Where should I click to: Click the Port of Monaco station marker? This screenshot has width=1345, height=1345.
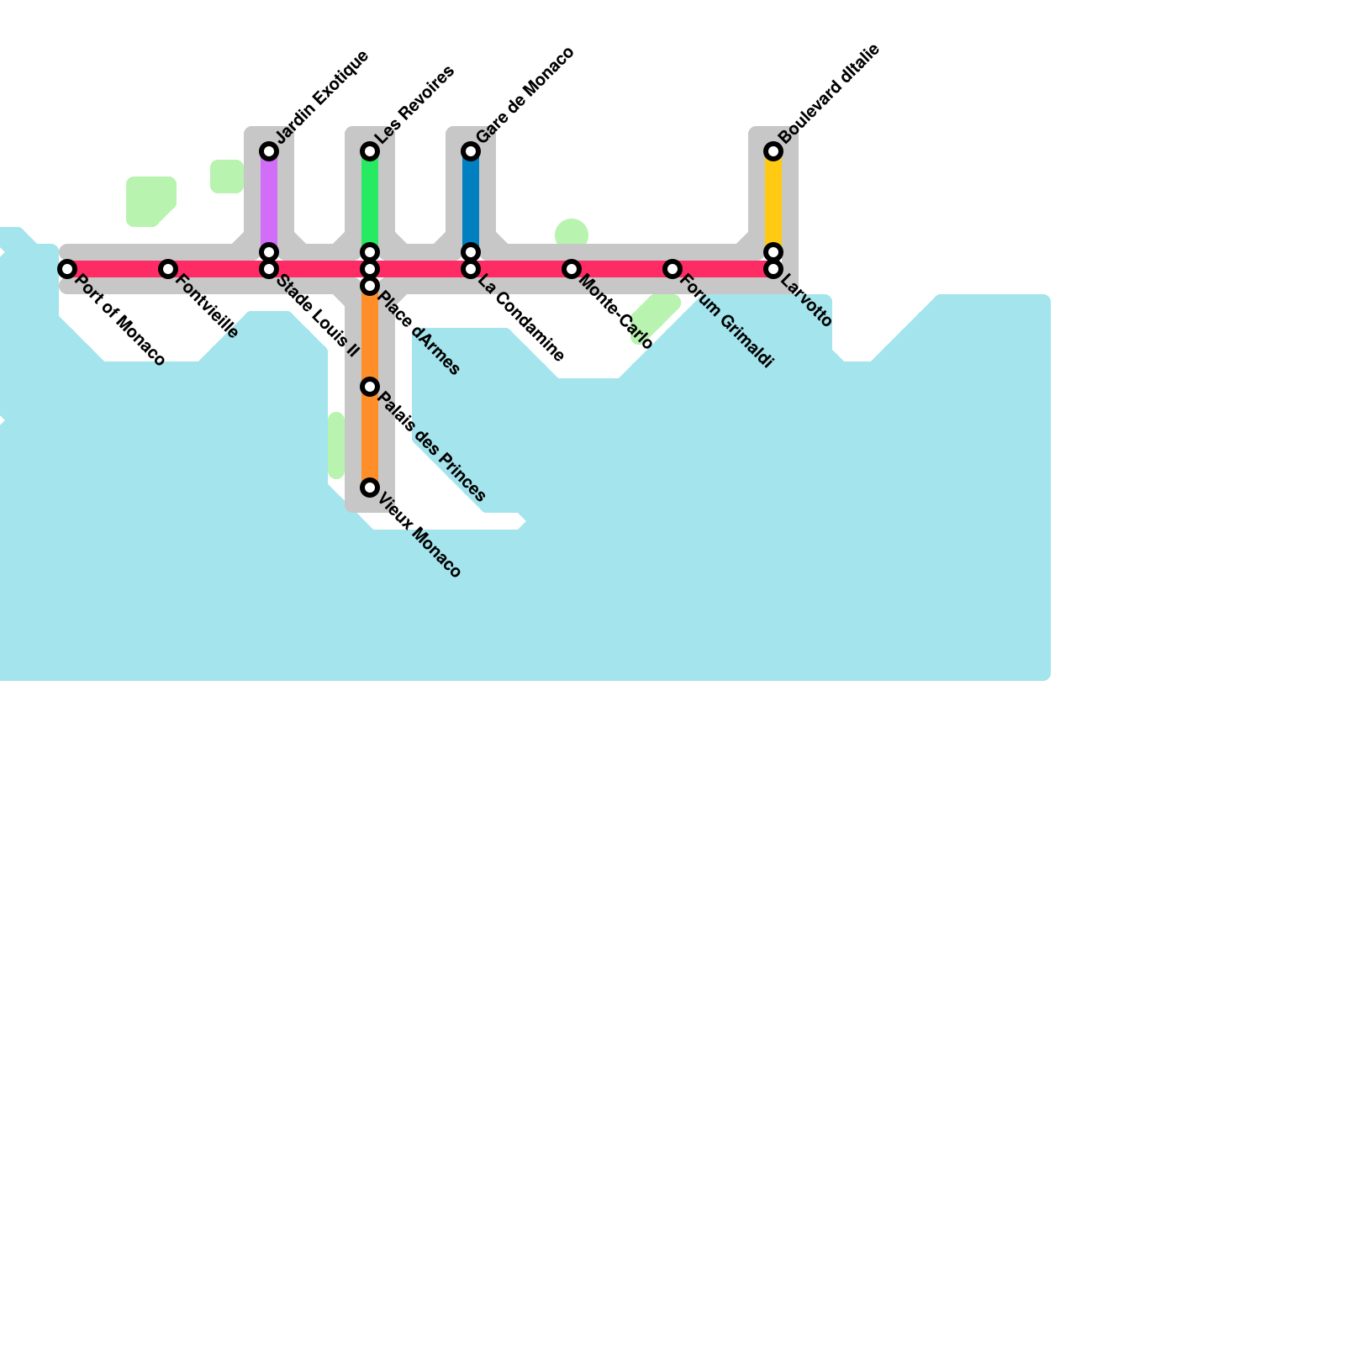pos(67,269)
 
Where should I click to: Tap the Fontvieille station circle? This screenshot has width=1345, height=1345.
pos(168,269)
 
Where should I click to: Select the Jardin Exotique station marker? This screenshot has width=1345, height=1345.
pos(269,151)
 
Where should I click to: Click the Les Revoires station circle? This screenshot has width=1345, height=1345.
pos(370,151)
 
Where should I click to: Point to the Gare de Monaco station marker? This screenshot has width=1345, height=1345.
pos(471,151)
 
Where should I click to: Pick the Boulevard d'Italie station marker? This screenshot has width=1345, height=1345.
pos(773,151)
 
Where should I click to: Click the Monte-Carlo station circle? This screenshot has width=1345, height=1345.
pos(572,269)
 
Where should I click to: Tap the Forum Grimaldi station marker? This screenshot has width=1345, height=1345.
pos(672,269)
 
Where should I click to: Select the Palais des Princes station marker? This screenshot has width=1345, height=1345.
pos(370,387)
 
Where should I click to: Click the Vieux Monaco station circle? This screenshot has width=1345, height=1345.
pos(370,488)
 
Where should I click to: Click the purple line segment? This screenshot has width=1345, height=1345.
pos(269,202)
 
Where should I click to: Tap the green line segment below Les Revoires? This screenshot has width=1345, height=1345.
pos(370,202)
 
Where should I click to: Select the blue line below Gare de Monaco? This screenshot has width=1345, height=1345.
pos(471,202)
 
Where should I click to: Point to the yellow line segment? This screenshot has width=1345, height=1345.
pos(773,202)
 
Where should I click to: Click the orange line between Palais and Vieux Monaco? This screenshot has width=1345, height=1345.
pos(370,437)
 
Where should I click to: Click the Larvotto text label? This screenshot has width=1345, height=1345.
pos(806,302)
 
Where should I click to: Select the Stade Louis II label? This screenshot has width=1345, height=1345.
pos(318,316)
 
